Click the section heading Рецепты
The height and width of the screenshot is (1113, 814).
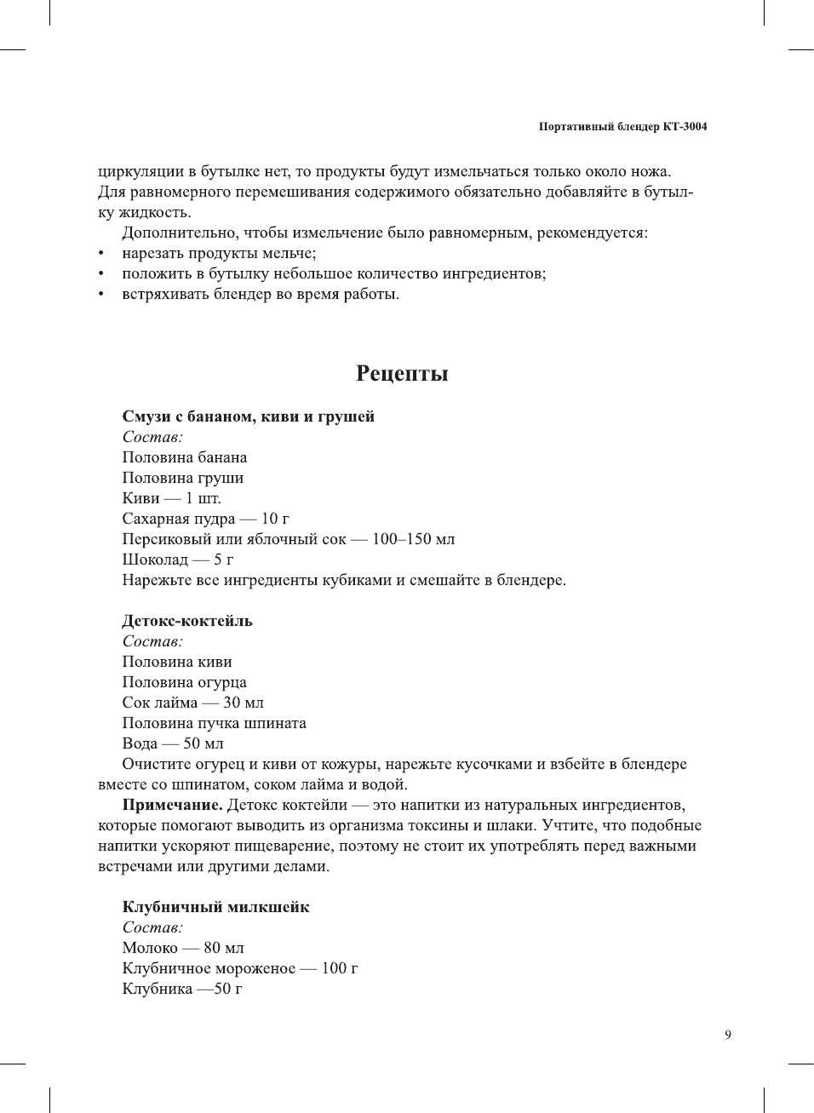[x=402, y=374]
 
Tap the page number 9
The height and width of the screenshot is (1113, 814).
[x=727, y=1035]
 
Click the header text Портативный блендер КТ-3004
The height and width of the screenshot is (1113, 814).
[x=622, y=127]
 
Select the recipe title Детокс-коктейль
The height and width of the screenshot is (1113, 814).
[x=187, y=621]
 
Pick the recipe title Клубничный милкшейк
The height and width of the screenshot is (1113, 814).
[x=215, y=907]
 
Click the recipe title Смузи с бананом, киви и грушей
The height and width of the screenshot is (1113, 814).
[x=248, y=416]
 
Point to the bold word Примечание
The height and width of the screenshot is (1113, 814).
[x=172, y=805]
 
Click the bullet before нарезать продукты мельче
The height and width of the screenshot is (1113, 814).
[x=102, y=254]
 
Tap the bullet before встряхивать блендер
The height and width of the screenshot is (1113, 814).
[x=102, y=295]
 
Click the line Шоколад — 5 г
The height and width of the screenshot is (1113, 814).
[x=177, y=559]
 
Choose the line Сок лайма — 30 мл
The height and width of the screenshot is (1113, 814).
[x=192, y=703]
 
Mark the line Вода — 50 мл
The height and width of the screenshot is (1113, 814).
[x=172, y=743]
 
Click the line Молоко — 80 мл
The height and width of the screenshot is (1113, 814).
[x=182, y=948]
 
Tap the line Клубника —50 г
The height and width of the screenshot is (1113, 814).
[x=181, y=989]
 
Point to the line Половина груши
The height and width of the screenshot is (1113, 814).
[x=182, y=478]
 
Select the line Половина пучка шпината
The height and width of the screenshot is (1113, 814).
[x=214, y=723]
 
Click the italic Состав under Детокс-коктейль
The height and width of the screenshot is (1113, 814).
[x=152, y=641]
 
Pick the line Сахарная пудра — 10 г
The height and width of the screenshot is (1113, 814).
[x=205, y=519]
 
